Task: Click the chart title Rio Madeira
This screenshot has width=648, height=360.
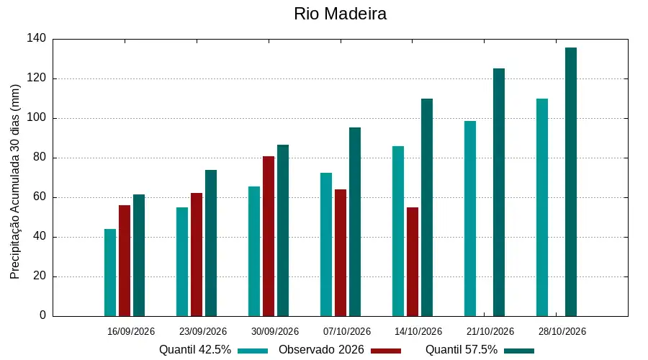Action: coord(340,14)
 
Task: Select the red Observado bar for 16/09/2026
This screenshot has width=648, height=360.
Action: coord(125,261)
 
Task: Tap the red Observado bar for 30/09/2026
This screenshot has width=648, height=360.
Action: coord(269,236)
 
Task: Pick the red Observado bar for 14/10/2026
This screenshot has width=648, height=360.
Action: coord(413,262)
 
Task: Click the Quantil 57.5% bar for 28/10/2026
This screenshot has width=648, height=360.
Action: coord(571,182)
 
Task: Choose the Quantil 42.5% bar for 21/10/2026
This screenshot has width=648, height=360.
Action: coord(470,219)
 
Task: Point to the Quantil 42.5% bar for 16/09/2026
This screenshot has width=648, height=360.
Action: coord(110,273)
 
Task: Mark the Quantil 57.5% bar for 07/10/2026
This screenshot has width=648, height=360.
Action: coord(355,222)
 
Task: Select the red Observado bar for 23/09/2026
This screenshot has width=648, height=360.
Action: coord(197,255)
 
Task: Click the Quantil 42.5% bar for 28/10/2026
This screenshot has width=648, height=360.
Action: coord(542,207)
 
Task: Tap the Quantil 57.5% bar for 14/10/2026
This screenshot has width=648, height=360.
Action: coord(427,207)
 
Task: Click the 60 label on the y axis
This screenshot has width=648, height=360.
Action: coord(40,197)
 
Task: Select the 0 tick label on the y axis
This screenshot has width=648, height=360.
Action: coord(43,315)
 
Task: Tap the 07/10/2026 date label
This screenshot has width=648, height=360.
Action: coord(347,331)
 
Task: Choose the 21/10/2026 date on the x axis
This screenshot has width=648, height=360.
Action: coord(490,331)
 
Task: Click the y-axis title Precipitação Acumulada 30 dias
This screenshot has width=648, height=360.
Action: coord(15,182)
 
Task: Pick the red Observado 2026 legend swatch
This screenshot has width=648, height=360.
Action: coord(386,351)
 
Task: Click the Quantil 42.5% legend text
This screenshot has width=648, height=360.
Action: coord(195,350)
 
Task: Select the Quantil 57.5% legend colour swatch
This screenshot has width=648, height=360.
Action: coord(519,351)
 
